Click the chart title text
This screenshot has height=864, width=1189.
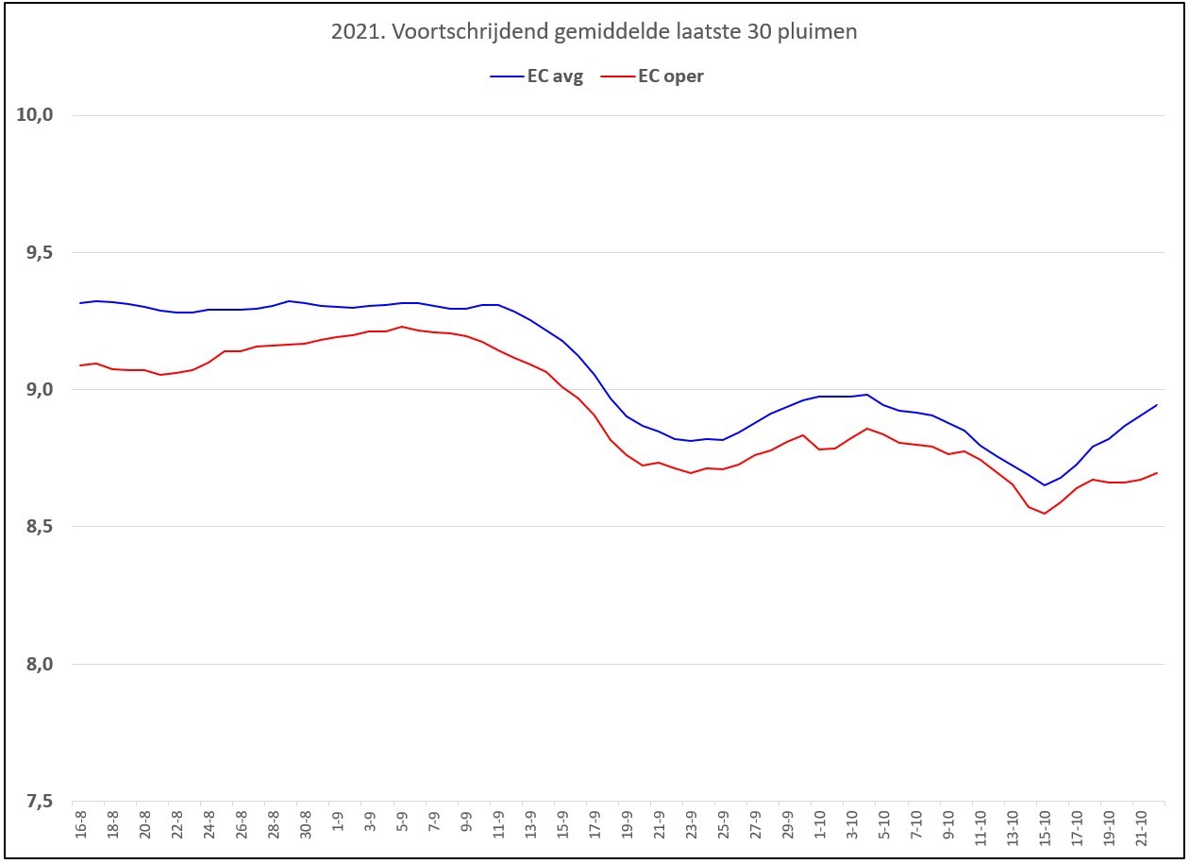594,31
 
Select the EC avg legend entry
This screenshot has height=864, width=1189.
537,76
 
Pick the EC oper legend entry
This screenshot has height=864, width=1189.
652,76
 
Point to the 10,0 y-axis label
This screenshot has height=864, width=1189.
35,114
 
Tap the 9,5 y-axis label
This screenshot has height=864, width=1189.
40,252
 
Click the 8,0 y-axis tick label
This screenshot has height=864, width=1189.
40,664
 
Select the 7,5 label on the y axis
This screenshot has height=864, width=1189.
40,801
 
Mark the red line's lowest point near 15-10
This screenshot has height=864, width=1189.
1044,514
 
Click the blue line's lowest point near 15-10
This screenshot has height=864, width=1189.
1044,484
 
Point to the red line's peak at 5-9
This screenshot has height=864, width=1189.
402,327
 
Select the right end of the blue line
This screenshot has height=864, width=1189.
1157,405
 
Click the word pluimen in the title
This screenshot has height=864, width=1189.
817,32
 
